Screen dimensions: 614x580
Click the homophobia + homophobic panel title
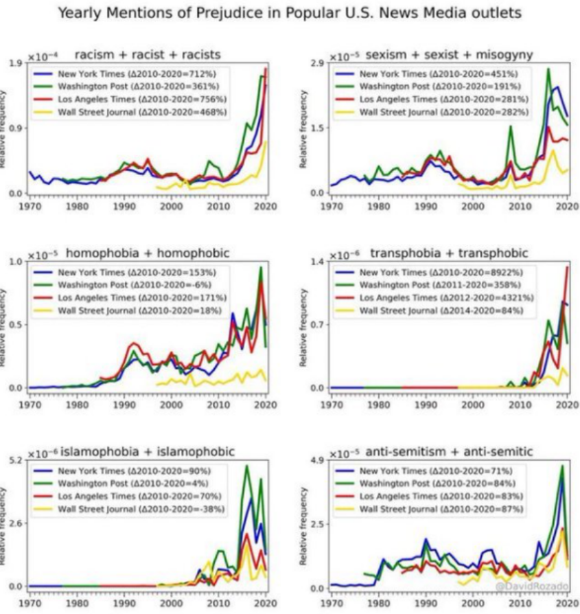[148, 253]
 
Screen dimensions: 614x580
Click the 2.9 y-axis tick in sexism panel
[317, 63]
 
